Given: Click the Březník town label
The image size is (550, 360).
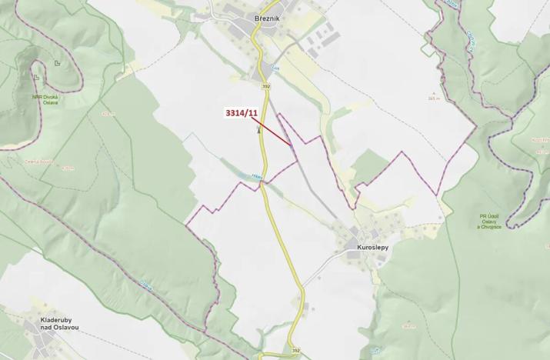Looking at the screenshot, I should coord(271,18).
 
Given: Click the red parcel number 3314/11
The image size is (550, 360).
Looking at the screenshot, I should coord(241,113).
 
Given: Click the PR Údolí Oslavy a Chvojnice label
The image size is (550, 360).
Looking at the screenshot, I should coord(488,221).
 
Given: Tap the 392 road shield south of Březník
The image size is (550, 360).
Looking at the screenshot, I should coord(265,86).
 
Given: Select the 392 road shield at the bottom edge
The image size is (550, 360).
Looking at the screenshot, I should coord(296,351).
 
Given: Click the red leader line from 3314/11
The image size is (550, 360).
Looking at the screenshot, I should coord(273,131).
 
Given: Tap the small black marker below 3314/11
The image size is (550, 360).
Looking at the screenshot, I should coord(259,130).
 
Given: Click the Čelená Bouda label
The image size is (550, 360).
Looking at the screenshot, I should coord(59,162).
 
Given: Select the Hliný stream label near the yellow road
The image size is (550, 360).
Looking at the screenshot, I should coord(257,176).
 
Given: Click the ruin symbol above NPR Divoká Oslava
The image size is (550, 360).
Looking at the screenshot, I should coord(36,77).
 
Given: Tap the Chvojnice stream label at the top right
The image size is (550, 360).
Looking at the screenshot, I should coord(469,38).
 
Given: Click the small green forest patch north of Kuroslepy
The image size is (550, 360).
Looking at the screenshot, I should coord(369,165).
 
